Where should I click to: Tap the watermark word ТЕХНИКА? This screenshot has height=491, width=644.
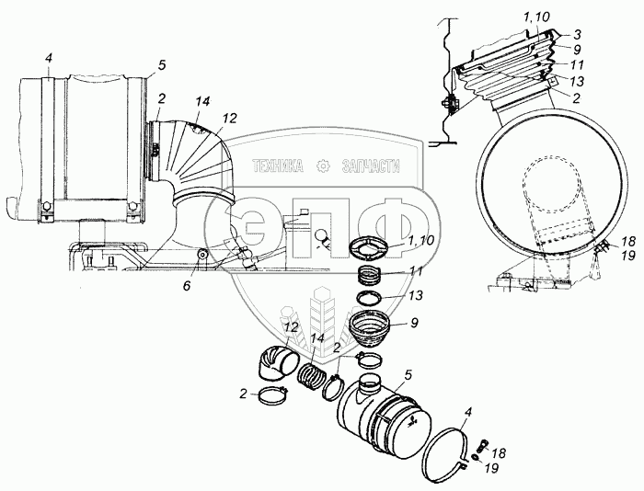[277, 166]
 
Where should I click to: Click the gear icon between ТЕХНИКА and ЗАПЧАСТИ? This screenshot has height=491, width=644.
[322, 166]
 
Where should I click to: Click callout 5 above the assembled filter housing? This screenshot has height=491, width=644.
[161, 64]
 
